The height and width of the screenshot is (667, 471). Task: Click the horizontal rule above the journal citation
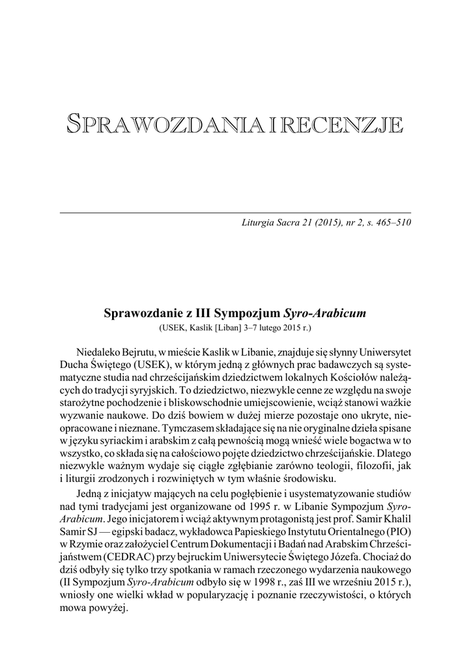[235, 212]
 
